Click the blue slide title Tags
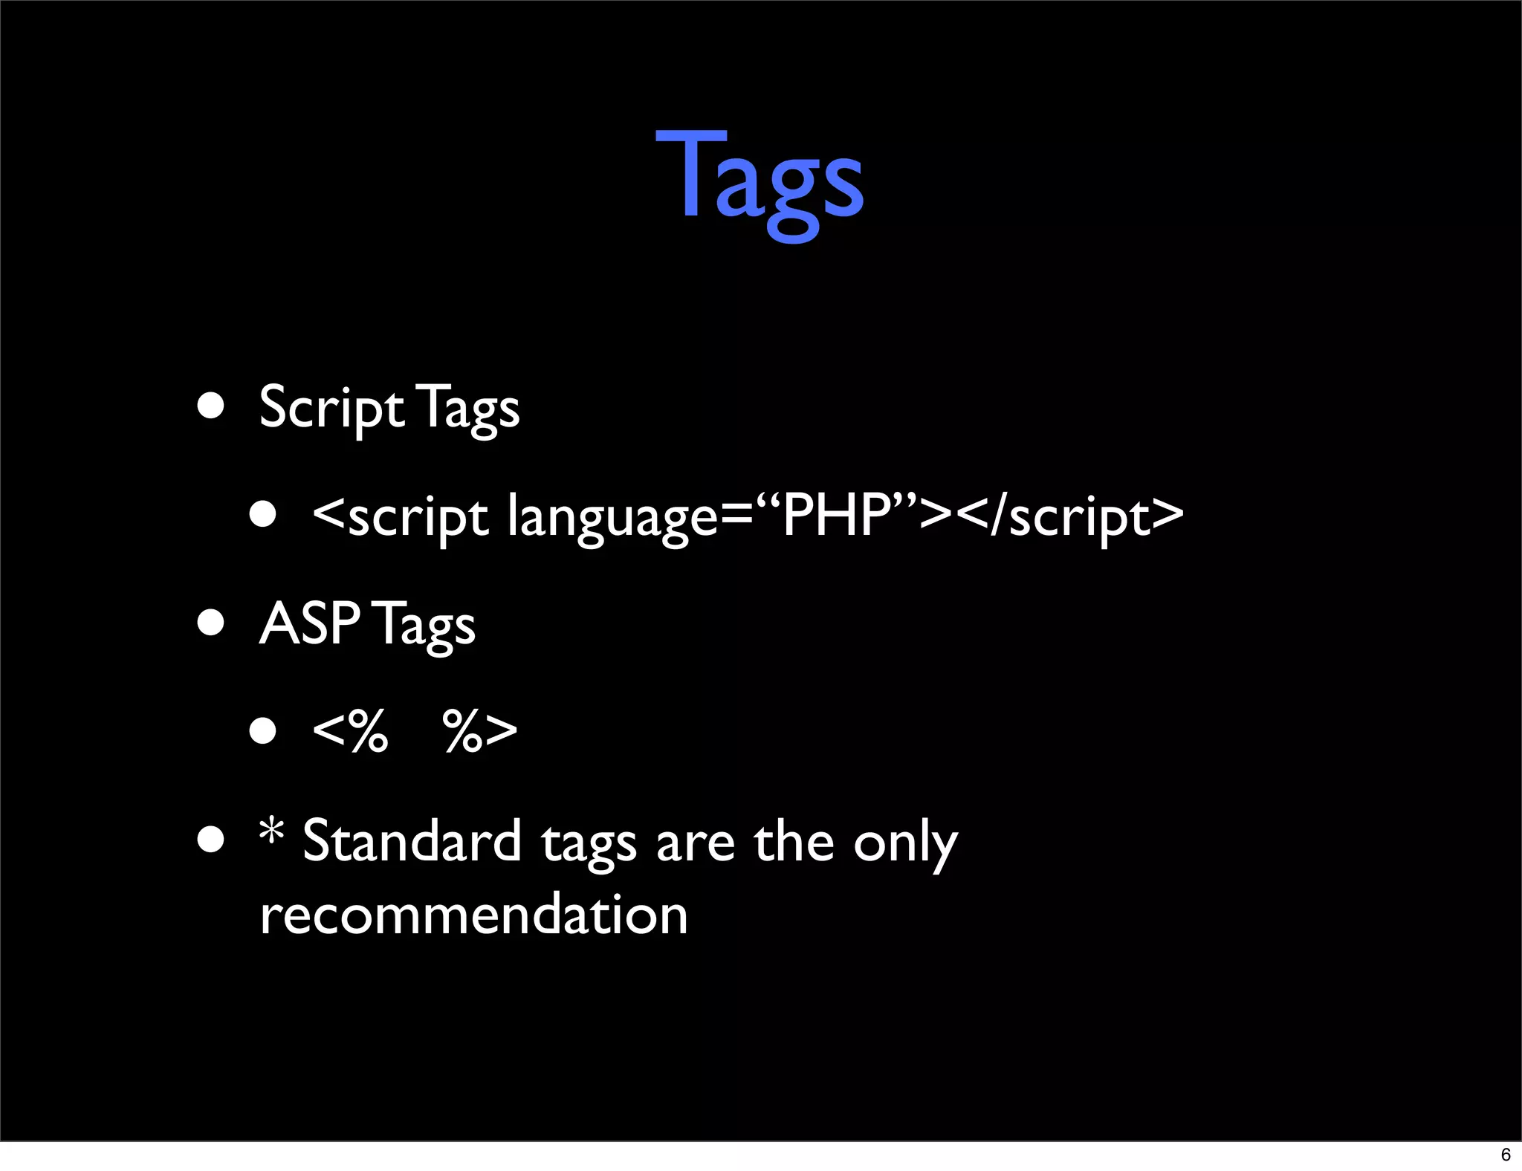tap(760, 182)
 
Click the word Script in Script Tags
tap(331, 408)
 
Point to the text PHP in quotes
tap(836, 514)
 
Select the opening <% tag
tap(350, 730)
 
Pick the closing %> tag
tap(480, 730)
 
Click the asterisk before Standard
tap(272, 831)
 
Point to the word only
tap(905, 844)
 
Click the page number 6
tap(1506, 1155)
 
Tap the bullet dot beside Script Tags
tap(211, 406)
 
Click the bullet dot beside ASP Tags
tap(211, 623)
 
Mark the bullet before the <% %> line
tap(263, 730)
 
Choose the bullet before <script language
tap(263, 514)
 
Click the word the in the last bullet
tap(794, 841)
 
